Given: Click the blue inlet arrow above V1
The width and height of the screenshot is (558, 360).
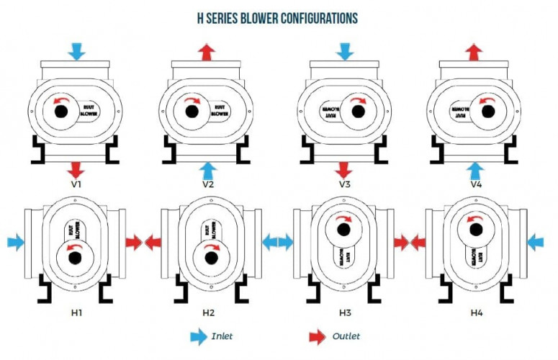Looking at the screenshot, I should coord(76,51).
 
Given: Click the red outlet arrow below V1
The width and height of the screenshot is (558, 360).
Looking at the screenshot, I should coord(76,170).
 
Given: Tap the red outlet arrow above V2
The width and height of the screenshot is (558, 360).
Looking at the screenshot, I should coord(207,51).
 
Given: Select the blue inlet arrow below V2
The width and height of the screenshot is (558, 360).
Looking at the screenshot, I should coord(207,170).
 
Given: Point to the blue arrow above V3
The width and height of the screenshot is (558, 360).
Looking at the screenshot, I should coord(344,51).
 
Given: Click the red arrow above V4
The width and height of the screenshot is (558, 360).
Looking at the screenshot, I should coord(474,51).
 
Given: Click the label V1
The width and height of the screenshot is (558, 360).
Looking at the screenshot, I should coord(76,184).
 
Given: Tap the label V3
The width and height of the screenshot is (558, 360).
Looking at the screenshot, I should coord(344,184).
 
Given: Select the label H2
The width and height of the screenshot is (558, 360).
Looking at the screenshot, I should coord(208,312).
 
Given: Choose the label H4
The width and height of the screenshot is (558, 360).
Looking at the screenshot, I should coord(476,312).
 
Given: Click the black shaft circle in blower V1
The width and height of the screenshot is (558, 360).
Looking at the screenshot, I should coord(57,112).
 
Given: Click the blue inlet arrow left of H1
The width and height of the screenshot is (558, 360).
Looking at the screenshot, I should coord(16,242).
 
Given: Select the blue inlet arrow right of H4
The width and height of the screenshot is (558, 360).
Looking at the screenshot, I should coord(536,242).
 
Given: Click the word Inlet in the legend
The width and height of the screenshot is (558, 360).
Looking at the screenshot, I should coord(222,336).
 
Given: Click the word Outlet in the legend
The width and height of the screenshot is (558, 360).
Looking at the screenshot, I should coord(346,336).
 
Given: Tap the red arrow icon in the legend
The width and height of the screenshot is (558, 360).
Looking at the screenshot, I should coord(317,336).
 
